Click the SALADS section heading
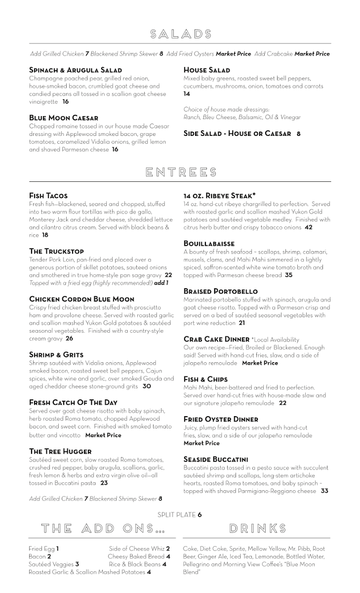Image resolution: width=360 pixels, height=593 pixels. [x=181, y=34]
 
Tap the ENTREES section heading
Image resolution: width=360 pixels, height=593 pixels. [x=181, y=172]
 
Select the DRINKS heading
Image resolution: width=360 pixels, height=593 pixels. [x=258, y=528]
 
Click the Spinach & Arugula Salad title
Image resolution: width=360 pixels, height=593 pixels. [x=76, y=70]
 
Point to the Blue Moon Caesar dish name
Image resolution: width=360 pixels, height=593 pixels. [x=64, y=118]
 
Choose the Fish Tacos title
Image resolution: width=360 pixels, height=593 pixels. [x=48, y=196]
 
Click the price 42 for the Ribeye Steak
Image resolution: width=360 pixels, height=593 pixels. [x=309, y=227]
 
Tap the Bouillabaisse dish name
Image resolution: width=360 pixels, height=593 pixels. [x=209, y=244]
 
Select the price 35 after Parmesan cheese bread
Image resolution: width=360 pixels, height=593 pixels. [x=289, y=275]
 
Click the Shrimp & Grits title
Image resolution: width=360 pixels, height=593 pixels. [x=56, y=355]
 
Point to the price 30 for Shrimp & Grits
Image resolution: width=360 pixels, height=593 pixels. [x=147, y=386]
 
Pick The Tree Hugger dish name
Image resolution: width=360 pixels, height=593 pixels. [x=60, y=451]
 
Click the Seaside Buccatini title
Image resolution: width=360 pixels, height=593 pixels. [x=216, y=459]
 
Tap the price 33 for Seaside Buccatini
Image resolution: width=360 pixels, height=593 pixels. [x=324, y=491]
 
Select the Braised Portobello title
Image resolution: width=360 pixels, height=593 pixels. [x=221, y=292]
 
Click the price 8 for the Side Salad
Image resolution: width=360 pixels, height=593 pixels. [x=298, y=133]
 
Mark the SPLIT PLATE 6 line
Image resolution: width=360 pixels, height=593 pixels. [x=180, y=514]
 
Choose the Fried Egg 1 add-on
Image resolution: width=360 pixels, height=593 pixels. [x=44, y=549]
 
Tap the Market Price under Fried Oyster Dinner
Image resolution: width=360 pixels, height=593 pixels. [x=201, y=443]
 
